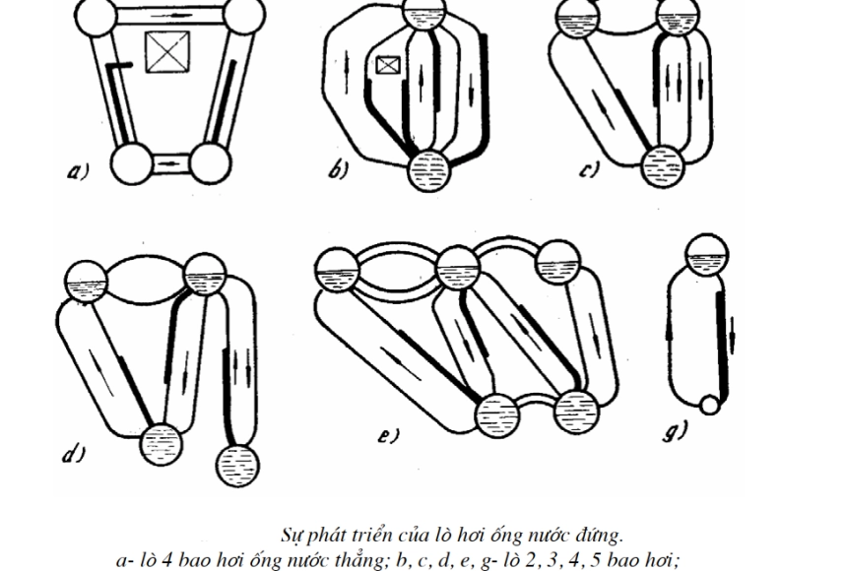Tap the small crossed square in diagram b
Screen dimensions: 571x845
click(388, 66)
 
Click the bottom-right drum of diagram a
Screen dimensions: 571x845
click(209, 161)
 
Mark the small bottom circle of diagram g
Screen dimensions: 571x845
click(707, 405)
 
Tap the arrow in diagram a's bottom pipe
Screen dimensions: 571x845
click(169, 160)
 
